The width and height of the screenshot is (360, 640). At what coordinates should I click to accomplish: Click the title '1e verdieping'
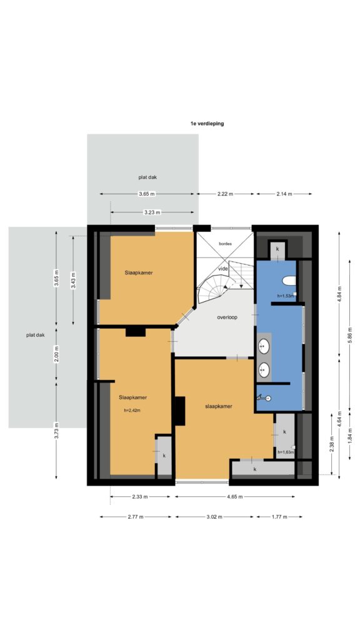pos(207,123)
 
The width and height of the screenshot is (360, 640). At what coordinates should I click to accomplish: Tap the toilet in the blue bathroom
pos(289,281)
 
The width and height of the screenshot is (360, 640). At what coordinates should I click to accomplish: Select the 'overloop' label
pos(227,317)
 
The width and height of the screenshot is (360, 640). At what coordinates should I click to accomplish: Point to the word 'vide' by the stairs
pos(223,269)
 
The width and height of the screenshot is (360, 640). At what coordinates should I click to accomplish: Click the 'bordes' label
pos(225,244)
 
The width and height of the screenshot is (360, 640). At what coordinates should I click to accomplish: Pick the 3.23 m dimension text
pos(152,212)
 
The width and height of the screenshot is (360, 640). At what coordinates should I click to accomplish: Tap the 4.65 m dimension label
pos(235,497)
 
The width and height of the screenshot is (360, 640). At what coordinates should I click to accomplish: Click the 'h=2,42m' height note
pos(132,411)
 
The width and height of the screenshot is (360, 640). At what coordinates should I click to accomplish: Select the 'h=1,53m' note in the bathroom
pos(285,296)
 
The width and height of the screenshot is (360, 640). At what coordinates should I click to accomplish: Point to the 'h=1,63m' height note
pos(286,452)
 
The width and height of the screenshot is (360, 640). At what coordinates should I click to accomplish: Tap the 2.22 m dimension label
pos(225,194)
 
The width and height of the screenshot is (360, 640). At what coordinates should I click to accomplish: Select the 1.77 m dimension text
pos(279,517)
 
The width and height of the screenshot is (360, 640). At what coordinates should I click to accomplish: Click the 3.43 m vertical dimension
pos(74,280)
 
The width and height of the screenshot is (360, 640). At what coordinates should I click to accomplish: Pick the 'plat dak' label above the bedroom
pos(147,177)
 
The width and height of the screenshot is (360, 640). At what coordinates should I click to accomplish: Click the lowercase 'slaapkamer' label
pos(218,406)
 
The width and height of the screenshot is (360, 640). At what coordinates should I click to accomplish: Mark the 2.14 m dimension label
pos(284,194)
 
